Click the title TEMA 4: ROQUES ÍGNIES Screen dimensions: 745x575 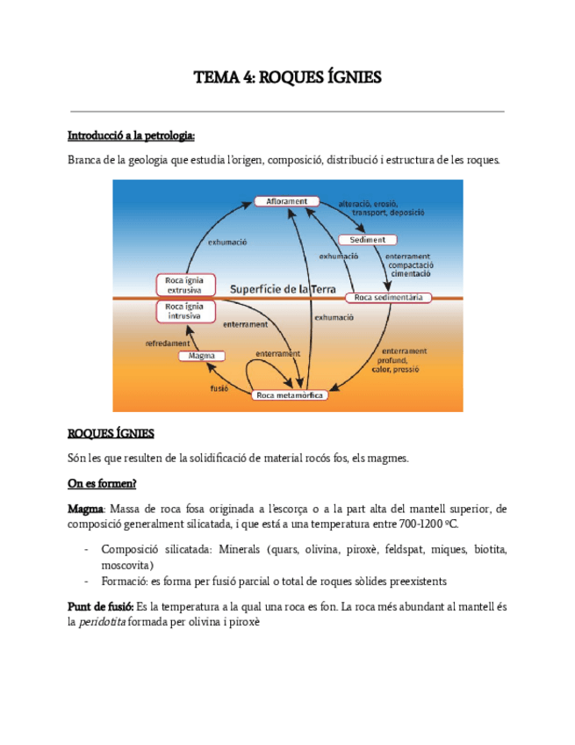(x=287, y=78)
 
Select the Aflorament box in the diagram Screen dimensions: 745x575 (x=286, y=201)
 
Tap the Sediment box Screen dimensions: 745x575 (x=367, y=240)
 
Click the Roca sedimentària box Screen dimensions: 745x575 (x=388, y=298)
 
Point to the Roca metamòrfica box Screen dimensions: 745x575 (x=291, y=395)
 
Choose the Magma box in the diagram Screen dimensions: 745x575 (x=202, y=356)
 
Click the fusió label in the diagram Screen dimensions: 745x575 (x=219, y=387)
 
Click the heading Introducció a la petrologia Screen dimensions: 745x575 (x=131, y=136)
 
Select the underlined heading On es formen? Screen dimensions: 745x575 (x=102, y=483)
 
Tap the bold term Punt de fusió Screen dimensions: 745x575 (x=100, y=607)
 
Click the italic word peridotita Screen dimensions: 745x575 (x=102, y=622)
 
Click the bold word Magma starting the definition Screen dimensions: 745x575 (x=85, y=509)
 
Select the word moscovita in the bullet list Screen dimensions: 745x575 (x=127, y=564)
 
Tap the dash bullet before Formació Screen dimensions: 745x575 (x=86, y=581)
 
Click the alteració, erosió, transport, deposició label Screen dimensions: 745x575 (x=389, y=208)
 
